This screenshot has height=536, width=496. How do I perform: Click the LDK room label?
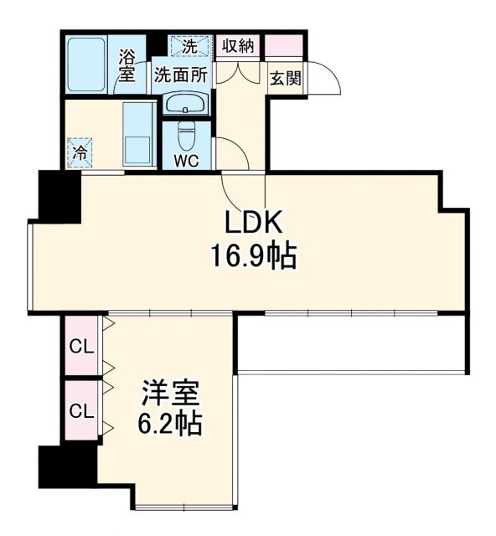coord(255,223)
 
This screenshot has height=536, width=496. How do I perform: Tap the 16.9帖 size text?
coord(254,255)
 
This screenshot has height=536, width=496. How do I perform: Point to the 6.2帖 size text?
coord(169,424)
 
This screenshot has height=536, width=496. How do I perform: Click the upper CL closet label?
coord(80,345)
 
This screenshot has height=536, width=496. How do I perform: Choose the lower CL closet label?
coord(80,410)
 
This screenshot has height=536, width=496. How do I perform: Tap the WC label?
coord(186,160)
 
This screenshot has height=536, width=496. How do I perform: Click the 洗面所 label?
coord(179,74)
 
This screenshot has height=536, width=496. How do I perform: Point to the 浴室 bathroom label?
coord(127,65)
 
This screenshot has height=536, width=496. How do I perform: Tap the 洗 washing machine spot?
coord(190,45)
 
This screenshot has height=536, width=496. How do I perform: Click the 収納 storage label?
coord(239,46)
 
